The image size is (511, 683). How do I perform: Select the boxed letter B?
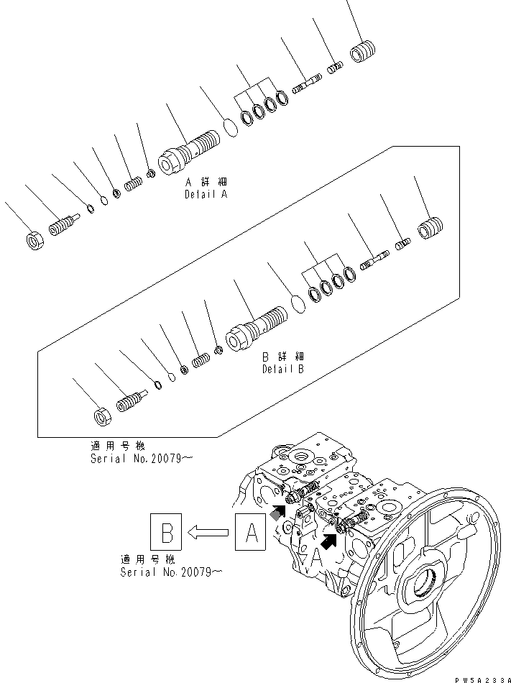pos(166,533)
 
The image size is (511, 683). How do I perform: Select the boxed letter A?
pos(251,533)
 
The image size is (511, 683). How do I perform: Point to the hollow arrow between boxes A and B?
pos(208,533)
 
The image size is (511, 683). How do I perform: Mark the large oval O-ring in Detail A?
pos(231,127)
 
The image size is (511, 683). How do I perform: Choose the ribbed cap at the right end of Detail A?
pos(364,52)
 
